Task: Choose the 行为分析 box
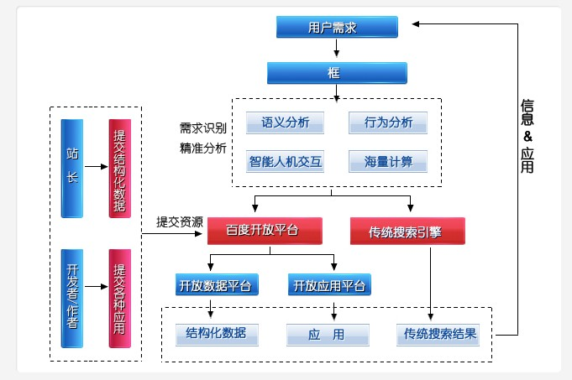pyautogui.click(x=388, y=122)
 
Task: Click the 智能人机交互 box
pyautogui.click(x=285, y=160)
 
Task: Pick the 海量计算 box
pyautogui.click(x=388, y=160)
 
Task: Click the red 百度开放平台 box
pyautogui.click(x=264, y=229)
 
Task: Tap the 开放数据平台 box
pyautogui.click(x=216, y=285)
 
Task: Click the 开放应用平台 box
pyautogui.click(x=329, y=285)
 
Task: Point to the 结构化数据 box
pyautogui.click(x=216, y=333)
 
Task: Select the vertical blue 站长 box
pyautogui.click(x=71, y=169)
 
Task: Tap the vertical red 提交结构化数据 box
pyautogui.click(x=119, y=169)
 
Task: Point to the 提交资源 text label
pyautogui.click(x=179, y=222)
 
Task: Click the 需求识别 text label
pyautogui.click(x=202, y=128)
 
